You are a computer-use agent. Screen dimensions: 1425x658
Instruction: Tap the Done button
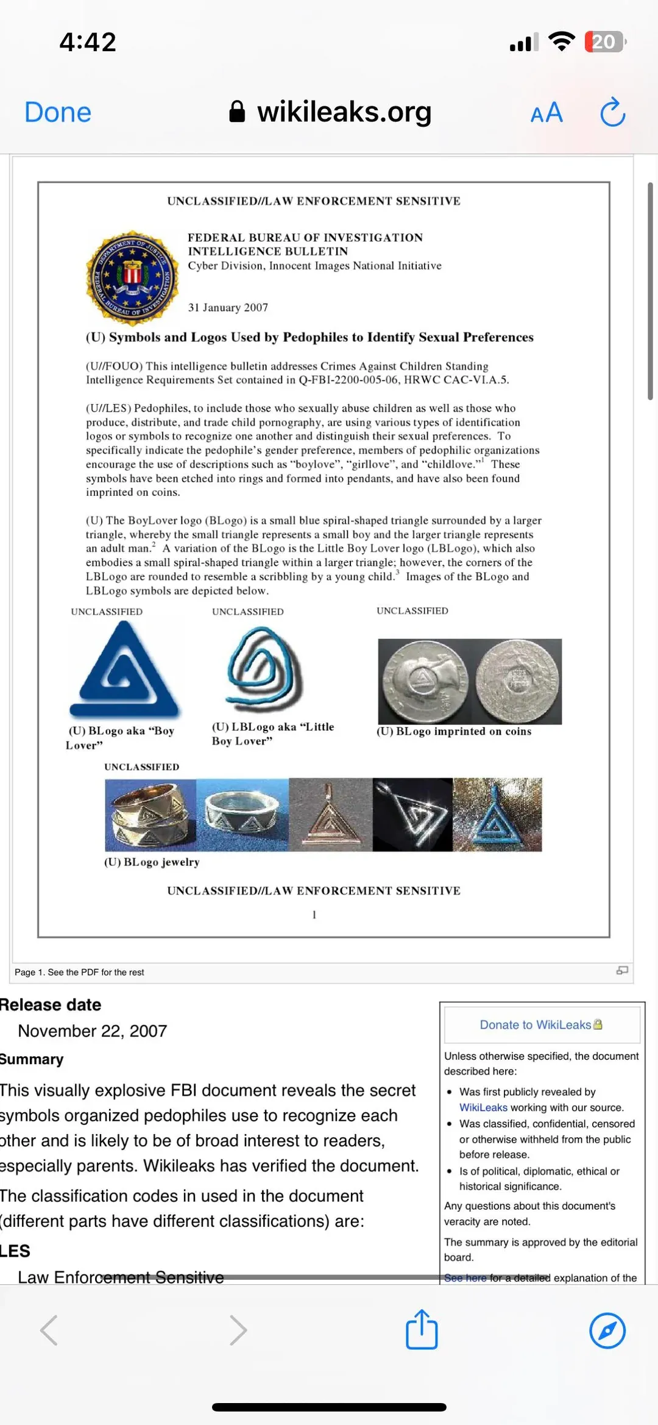(58, 113)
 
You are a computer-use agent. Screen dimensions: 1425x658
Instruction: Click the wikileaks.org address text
(344, 112)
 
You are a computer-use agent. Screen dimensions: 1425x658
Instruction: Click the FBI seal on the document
(132, 276)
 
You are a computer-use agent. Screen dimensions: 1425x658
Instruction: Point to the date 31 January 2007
(228, 308)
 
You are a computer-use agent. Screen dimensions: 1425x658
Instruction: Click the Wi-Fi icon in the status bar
(561, 41)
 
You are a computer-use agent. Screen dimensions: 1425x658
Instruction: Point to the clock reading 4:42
(88, 42)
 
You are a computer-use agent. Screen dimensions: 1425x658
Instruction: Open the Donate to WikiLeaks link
(536, 1025)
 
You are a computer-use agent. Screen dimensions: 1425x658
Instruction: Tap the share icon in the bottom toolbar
(422, 1329)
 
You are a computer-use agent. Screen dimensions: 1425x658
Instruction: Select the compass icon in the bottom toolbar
(607, 1330)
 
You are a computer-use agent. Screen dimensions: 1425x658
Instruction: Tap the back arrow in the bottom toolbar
(49, 1330)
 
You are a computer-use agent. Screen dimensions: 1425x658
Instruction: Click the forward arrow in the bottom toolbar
(238, 1330)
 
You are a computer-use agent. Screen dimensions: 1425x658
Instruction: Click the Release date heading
(51, 1005)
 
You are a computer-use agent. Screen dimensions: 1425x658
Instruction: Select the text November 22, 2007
(92, 1031)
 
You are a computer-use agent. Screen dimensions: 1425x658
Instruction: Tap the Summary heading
(32, 1060)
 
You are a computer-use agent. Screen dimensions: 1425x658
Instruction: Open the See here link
(465, 1277)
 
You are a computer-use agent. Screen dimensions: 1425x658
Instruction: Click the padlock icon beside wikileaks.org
(237, 112)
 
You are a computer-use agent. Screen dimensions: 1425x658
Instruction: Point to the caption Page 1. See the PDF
(79, 973)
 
